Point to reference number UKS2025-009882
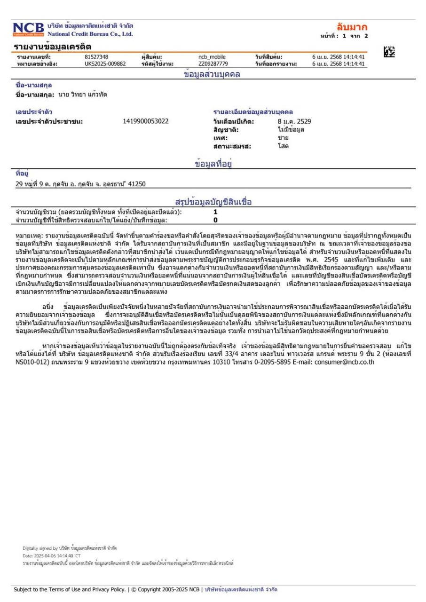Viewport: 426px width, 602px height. [102, 64]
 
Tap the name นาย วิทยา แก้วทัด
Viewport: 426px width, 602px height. [83, 95]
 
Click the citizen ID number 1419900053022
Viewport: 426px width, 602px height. [145, 121]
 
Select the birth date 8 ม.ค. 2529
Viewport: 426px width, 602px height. [294, 121]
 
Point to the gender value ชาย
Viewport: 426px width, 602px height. [283, 138]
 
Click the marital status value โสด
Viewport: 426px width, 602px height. [283, 146]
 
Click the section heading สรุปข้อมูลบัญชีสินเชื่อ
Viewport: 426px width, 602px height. [213, 202]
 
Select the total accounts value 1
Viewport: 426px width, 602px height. [215, 212]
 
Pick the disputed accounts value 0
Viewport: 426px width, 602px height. [215, 219]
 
